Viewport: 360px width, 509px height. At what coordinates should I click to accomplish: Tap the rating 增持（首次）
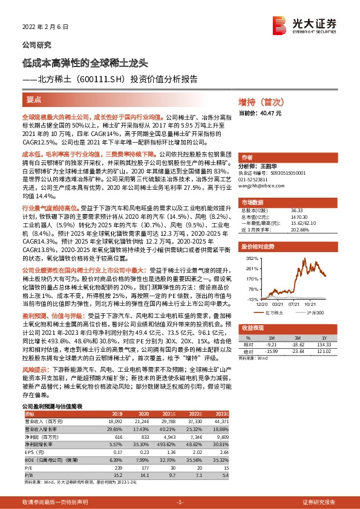coord(261,102)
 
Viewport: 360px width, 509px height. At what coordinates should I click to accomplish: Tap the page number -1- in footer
coord(180,502)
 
